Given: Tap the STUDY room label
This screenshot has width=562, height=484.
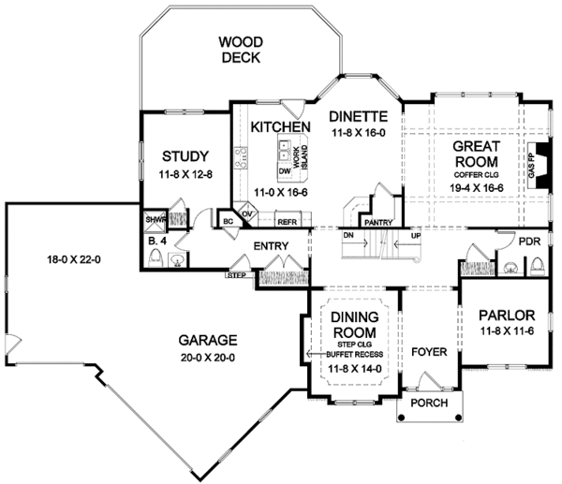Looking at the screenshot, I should tap(184, 155).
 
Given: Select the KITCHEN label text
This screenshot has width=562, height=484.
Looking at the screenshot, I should tap(281, 127).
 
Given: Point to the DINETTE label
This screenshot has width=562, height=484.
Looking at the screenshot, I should tap(357, 116).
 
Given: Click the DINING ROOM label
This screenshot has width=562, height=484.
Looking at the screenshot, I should tap(354, 324).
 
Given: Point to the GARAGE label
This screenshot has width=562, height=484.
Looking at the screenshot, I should tap(210, 340).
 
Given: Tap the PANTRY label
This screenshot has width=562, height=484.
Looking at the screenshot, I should tap(378, 223).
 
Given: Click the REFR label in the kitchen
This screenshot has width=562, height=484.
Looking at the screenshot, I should tap(287, 222).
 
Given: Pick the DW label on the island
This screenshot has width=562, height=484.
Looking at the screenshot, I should tap(285, 171).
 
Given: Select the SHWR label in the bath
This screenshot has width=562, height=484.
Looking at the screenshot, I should tap(155, 221).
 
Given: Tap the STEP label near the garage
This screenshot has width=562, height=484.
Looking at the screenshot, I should tap(236, 276).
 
